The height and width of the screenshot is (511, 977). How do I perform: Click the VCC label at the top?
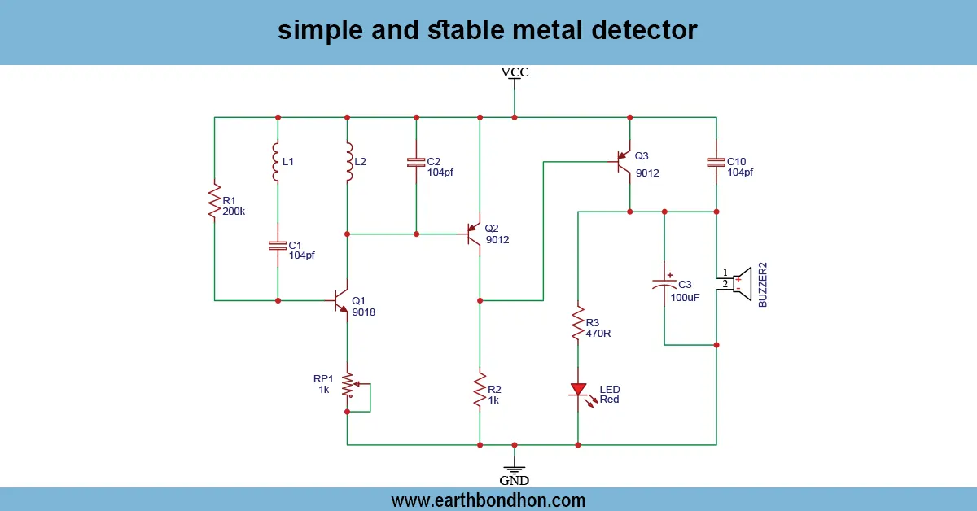(515, 72)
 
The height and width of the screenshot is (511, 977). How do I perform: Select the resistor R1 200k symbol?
(215, 202)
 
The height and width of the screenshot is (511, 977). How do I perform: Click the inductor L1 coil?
(278, 163)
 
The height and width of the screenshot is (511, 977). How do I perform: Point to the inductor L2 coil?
(348, 163)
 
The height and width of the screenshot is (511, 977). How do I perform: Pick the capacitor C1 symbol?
(278, 245)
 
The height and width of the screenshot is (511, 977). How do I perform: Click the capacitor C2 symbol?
(416, 163)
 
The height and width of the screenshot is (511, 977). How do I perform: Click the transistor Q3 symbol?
(624, 162)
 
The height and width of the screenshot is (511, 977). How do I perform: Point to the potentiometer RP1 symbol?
(348, 386)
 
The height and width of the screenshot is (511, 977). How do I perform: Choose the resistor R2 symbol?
(480, 391)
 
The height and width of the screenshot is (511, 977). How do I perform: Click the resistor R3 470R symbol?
(578, 324)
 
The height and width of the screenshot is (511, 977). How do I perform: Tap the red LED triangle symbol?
(578, 390)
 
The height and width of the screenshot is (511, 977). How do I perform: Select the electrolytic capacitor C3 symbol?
(664, 284)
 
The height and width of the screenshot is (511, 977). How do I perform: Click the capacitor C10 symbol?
(716, 163)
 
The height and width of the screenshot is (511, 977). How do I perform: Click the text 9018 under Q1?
(364, 312)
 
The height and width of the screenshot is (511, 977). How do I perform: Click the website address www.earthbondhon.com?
(488, 500)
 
